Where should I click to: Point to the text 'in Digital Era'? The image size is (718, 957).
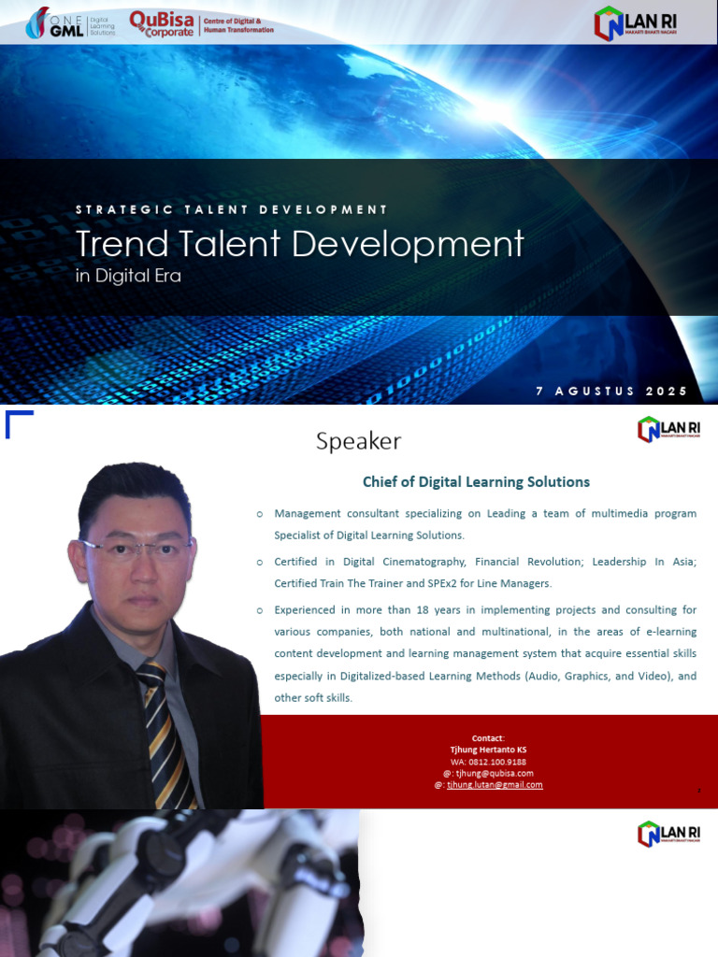128,277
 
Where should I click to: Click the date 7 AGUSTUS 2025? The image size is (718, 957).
611,392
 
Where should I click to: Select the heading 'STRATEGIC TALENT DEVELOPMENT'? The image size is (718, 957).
232,210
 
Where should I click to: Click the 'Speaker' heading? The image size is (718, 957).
358,441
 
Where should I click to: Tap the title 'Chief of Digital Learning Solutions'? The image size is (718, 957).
476,482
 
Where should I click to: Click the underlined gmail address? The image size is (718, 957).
495,785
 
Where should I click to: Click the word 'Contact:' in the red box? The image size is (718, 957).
488,738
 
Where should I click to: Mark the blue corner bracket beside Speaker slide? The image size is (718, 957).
18,422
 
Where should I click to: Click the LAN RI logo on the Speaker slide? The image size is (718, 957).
668,429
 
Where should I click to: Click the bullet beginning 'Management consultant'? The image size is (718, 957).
485,524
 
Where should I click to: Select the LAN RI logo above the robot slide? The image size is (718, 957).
668,834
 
